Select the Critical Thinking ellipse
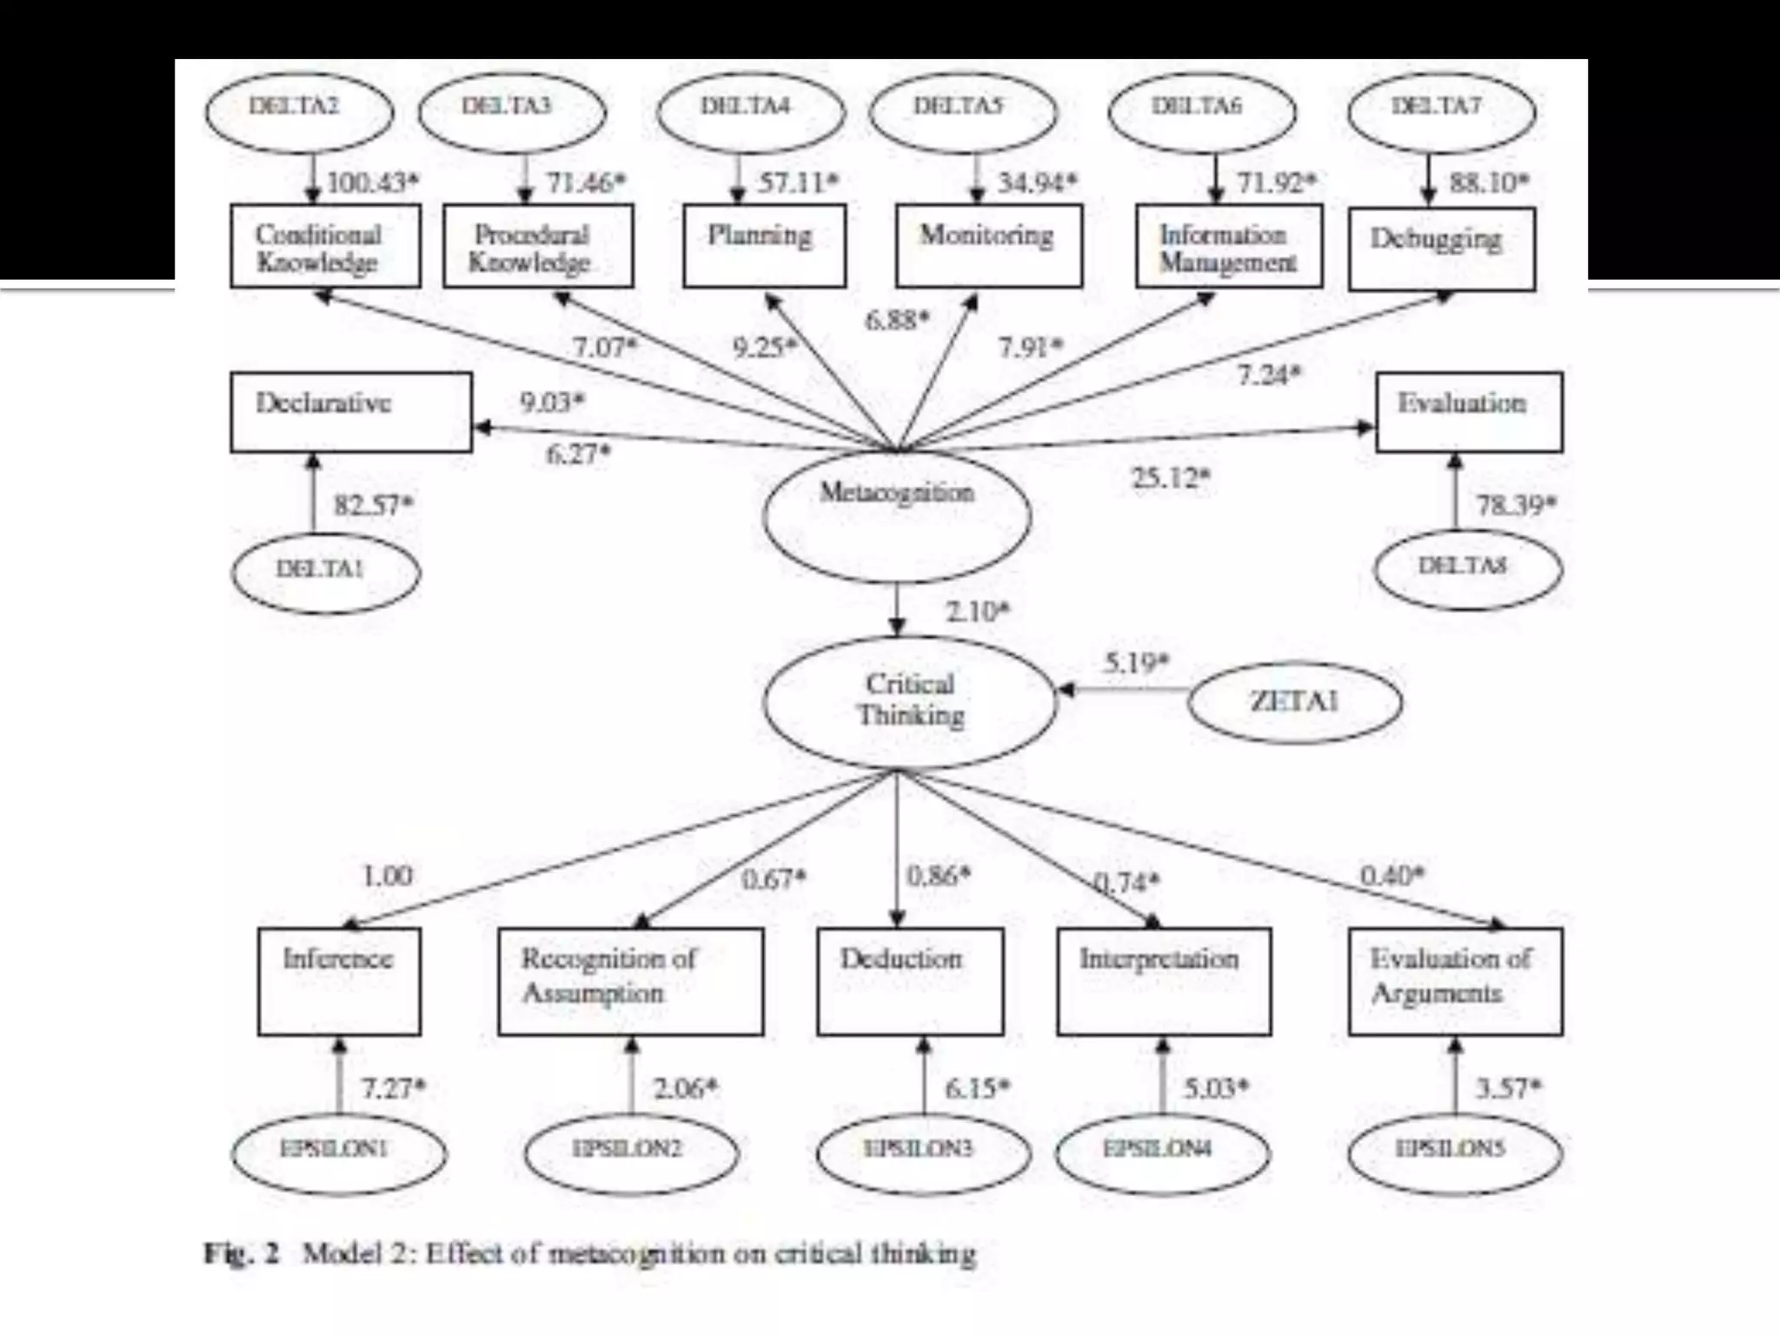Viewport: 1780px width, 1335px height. click(910, 701)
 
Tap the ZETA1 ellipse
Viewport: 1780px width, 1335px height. click(1294, 701)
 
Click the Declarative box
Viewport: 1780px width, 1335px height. click(351, 412)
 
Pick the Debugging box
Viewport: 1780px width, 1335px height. click(1441, 249)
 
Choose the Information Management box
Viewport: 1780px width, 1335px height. click(1229, 247)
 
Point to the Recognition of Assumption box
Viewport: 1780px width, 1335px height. click(631, 981)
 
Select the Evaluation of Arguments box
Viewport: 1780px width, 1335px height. click(1455, 981)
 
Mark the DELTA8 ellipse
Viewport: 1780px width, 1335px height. click(1467, 568)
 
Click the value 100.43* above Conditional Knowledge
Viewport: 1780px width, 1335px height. click(372, 183)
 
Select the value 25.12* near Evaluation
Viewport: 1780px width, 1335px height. click(1170, 478)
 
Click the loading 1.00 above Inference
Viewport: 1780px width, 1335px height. click(387, 875)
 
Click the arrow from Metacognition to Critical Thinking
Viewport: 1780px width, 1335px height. click(898, 608)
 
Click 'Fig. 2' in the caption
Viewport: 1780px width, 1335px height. click(242, 1254)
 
